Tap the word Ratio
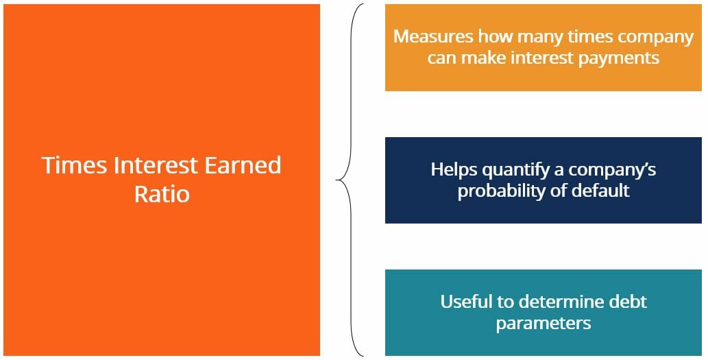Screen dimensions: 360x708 pyautogui.click(x=162, y=194)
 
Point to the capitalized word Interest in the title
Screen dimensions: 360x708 pyautogui.click(x=151, y=165)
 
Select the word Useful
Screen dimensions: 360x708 pyautogui.click(x=464, y=301)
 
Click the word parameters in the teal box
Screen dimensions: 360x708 pyautogui.click(x=544, y=323)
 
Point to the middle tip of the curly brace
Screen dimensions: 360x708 pyautogui.click(x=337, y=180)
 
